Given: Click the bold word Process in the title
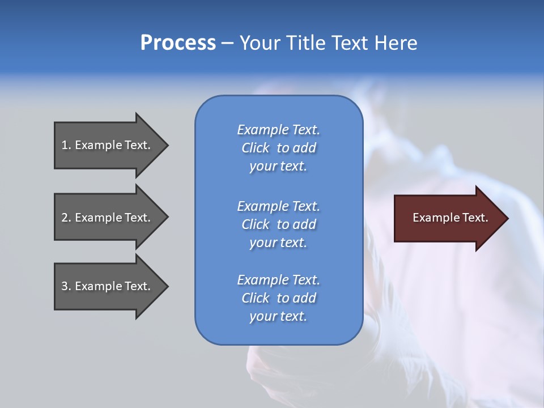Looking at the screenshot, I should pyautogui.click(x=178, y=43).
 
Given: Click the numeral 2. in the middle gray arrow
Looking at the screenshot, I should pyautogui.click(x=66, y=218).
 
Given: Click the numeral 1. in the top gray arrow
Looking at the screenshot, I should pyautogui.click(x=66, y=145).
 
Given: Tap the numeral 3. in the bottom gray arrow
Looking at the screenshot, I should pyautogui.click(x=66, y=286).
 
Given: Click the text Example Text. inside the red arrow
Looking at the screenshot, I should pyautogui.click(x=450, y=218).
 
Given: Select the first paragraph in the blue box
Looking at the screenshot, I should pyautogui.click(x=278, y=148).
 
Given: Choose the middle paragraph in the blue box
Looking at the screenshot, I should pyautogui.click(x=278, y=224).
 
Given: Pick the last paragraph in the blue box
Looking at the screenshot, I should pyautogui.click(x=278, y=298).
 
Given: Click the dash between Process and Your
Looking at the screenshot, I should pyautogui.click(x=227, y=43).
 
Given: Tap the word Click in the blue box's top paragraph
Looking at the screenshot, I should pyautogui.click(x=256, y=148).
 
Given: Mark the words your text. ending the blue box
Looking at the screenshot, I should pyautogui.click(x=278, y=316).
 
